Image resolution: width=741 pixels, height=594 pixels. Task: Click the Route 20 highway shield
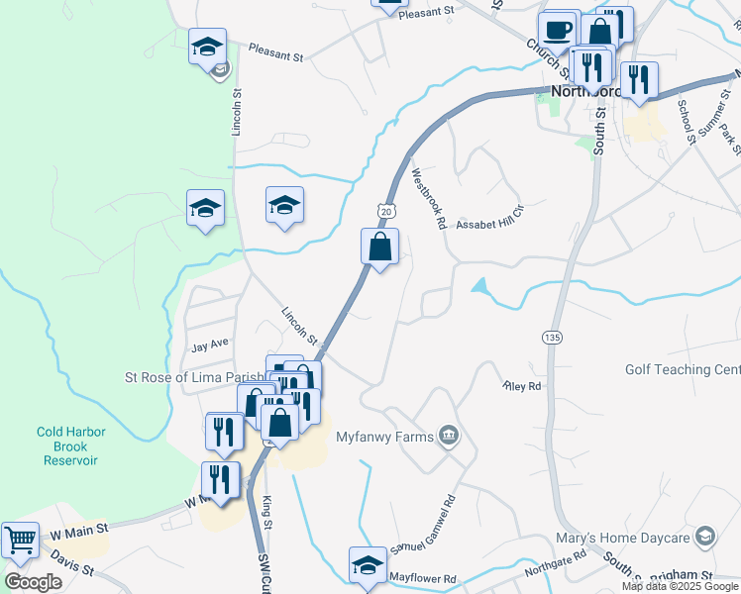click(x=386, y=210)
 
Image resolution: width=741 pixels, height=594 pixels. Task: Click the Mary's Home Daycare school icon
click(x=705, y=537)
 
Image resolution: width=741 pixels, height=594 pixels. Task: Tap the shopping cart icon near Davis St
click(x=20, y=540)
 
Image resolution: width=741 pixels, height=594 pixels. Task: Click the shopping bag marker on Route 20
click(x=380, y=247)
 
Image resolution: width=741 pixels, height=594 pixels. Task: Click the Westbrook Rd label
click(x=428, y=199)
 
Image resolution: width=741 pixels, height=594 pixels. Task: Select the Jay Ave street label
click(x=210, y=344)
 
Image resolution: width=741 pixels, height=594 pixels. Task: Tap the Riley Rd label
click(x=522, y=386)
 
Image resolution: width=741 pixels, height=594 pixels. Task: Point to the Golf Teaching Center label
click(x=683, y=369)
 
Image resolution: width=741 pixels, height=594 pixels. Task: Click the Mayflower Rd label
click(x=422, y=577)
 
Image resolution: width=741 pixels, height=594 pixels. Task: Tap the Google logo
click(x=34, y=582)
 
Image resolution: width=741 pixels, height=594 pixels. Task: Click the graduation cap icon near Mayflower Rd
click(x=368, y=564)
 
